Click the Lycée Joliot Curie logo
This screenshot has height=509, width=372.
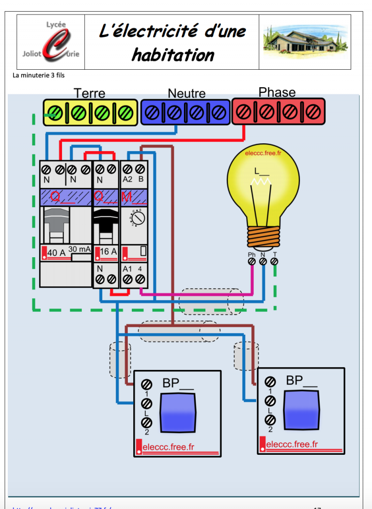click(x=51, y=42)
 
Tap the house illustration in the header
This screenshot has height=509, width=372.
click(x=305, y=41)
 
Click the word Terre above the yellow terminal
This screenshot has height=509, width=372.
click(x=89, y=93)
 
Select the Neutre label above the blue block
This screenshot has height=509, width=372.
click(x=186, y=93)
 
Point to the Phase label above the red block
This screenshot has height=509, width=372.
click(x=277, y=92)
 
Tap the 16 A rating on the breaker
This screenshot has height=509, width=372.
click(x=108, y=252)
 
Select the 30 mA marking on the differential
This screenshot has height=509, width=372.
click(x=79, y=249)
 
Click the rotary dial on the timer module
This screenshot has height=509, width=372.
click(x=138, y=219)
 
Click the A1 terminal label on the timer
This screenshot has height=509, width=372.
click(x=127, y=269)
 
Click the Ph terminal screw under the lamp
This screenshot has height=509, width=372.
click(x=252, y=262)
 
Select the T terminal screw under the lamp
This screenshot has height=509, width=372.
click(x=274, y=262)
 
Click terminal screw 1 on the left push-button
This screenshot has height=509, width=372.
click(x=146, y=384)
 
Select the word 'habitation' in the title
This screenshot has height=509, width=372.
click(x=172, y=55)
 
